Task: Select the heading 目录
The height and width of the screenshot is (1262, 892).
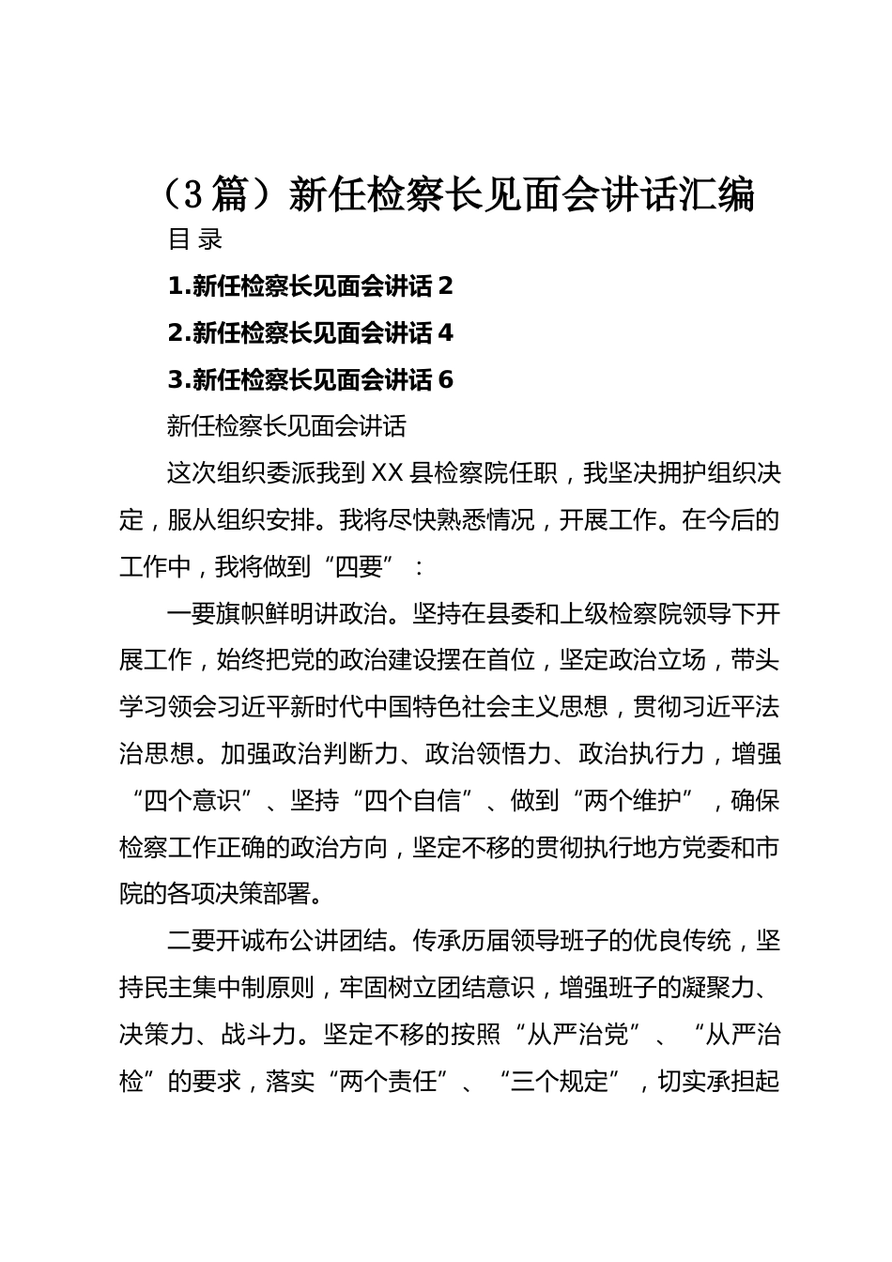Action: [x=195, y=239]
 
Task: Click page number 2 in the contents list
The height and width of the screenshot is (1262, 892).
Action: [x=446, y=285]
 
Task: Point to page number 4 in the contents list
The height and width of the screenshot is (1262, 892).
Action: [x=446, y=332]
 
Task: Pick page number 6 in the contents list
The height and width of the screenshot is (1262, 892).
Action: [x=446, y=379]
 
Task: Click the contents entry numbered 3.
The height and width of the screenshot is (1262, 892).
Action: [x=310, y=379]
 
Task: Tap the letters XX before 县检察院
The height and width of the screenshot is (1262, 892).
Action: [x=387, y=473]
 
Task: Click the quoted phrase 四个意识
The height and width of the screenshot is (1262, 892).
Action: [x=194, y=802]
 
